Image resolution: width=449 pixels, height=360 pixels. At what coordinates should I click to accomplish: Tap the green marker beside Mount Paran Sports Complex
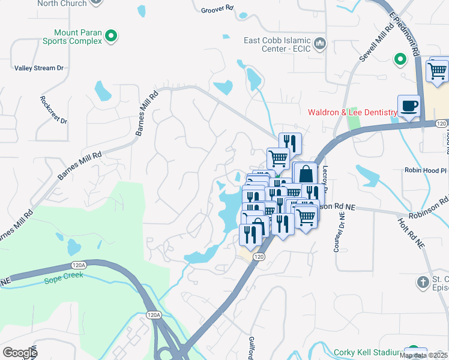point(110,37)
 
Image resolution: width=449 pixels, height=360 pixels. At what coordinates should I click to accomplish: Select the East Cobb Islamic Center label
point(277,44)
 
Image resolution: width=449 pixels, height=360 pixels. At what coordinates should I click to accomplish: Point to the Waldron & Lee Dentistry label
point(352,112)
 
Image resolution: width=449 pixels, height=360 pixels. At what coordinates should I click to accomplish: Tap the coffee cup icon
point(409,106)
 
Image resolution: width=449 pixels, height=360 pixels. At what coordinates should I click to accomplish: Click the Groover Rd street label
point(217,9)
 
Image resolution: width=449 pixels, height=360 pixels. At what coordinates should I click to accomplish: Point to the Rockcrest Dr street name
point(53,109)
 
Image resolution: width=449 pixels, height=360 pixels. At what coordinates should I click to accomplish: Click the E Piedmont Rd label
point(405,34)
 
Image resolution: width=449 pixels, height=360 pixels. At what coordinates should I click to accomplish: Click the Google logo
point(20,353)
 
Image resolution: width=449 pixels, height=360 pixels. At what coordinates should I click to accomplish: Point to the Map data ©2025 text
point(423,355)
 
